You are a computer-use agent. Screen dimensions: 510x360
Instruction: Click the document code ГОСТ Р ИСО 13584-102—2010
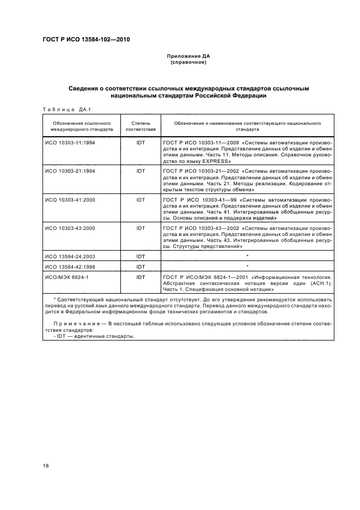click(x=86, y=39)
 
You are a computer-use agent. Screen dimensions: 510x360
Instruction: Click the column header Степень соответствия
click(x=141, y=126)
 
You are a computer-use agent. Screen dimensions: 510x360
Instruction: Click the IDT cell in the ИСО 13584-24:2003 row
click(x=141, y=256)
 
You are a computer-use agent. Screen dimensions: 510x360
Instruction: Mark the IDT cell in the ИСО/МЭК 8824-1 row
click(x=141, y=277)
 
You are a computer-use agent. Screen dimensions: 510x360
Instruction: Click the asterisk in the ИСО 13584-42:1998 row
click(x=247, y=266)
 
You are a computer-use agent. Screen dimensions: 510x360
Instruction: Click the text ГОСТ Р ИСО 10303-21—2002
click(x=199, y=171)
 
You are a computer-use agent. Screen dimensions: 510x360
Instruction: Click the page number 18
click(x=46, y=465)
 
